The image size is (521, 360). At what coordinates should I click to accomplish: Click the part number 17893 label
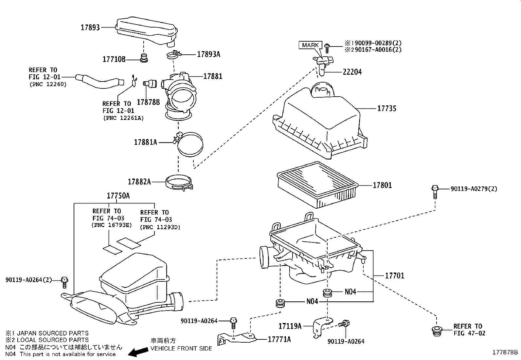[90, 28]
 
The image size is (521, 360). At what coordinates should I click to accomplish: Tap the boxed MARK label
[310, 45]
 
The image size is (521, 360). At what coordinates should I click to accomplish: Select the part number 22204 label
[352, 72]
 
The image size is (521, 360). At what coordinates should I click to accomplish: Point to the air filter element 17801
[317, 184]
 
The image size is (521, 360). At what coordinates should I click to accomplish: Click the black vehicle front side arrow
[138, 352]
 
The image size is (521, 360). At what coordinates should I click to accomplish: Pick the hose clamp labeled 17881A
[189, 144]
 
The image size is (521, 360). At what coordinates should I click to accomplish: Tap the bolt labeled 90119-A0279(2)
[435, 192]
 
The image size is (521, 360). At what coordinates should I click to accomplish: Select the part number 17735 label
[386, 108]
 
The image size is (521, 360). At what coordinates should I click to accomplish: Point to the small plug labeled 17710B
[144, 58]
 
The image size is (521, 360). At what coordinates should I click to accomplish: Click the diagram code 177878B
[505, 352]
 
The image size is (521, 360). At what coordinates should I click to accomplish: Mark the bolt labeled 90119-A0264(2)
[64, 282]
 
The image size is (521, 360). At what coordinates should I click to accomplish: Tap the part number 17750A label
[118, 196]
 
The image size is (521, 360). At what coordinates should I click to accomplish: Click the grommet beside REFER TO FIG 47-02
[437, 332]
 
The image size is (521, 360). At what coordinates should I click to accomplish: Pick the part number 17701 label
[395, 276]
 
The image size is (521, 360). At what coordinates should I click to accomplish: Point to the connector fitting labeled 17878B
[150, 84]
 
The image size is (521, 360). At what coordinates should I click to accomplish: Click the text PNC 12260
[48, 84]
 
